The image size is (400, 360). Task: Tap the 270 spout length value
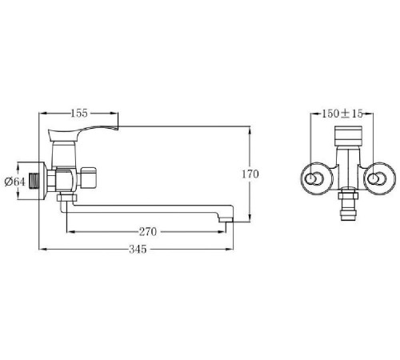[147, 233]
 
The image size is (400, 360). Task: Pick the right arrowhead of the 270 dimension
[228, 232]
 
